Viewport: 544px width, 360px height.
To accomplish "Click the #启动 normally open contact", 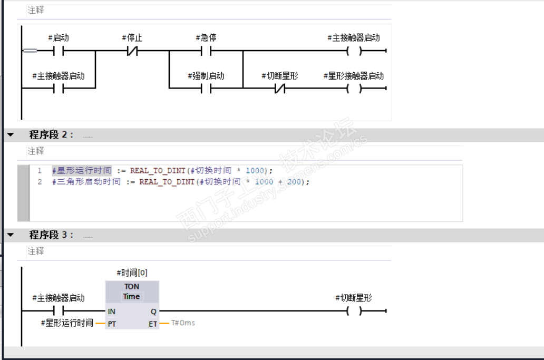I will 58,51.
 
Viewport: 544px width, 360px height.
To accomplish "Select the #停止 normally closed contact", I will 132,51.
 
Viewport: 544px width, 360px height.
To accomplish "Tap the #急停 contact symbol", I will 206,51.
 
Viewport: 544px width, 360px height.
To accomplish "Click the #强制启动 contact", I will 206,88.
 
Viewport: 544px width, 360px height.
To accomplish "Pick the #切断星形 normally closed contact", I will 279,88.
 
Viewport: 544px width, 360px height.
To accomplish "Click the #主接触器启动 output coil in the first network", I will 354,51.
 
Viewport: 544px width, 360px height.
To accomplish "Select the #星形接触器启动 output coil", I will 354,88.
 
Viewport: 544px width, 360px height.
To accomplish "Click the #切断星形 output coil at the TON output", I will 354,311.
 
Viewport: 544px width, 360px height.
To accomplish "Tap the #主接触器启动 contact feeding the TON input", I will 58,311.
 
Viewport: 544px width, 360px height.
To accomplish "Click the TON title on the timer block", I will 132,286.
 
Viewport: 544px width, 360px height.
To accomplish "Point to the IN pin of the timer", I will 112,312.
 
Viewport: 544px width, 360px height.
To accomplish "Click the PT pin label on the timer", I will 112,324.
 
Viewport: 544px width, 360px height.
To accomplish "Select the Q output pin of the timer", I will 153,312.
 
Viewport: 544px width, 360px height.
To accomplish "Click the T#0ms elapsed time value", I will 183,323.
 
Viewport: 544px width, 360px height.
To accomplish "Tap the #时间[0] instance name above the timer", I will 132,273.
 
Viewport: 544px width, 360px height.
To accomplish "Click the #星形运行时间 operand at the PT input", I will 66,323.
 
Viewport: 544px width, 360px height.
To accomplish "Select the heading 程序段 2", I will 52,134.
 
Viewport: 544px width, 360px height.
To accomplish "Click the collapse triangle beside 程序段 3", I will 10,235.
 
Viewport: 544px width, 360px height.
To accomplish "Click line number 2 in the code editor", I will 40,181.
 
